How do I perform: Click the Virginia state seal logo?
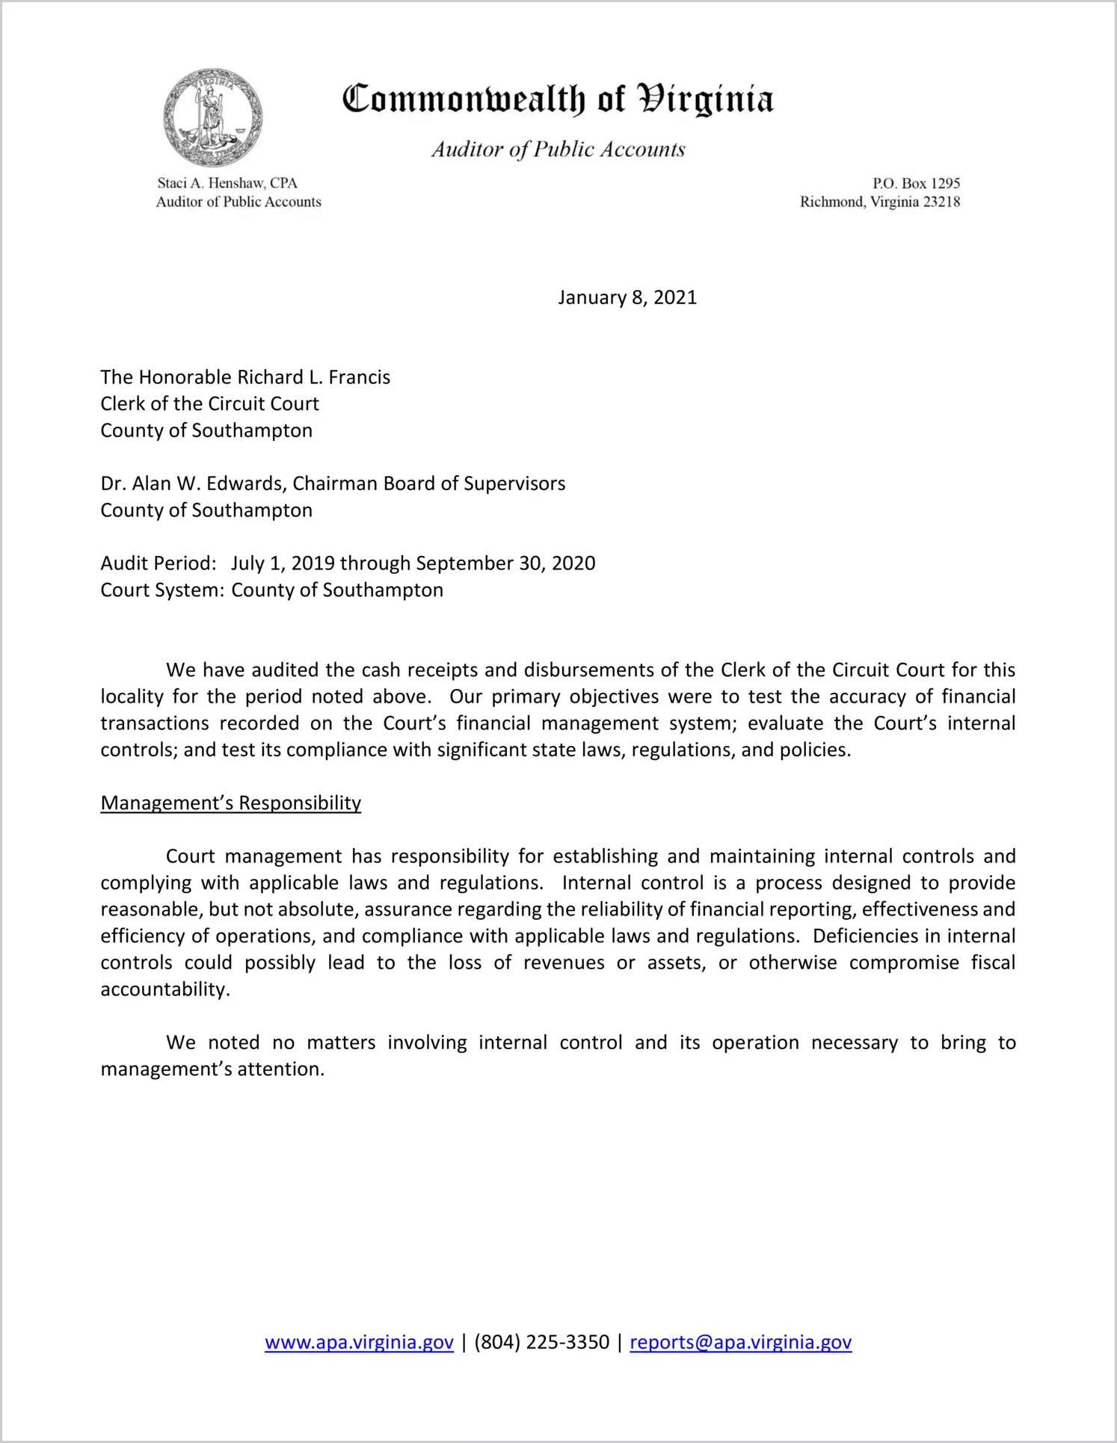212,117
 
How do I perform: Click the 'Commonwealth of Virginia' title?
558,99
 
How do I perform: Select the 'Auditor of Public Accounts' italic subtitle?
558,149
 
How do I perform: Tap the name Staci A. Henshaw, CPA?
227,183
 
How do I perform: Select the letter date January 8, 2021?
627,297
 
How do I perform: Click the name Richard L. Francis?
314,377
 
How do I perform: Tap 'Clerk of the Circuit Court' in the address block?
209,404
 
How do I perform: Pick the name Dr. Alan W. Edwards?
193,484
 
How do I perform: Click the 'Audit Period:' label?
159,563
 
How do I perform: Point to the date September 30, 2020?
505,563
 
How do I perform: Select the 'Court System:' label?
162,590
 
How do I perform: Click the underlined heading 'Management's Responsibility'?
230,803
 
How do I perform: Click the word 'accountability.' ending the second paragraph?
165,989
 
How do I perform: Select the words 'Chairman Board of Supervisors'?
428,484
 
